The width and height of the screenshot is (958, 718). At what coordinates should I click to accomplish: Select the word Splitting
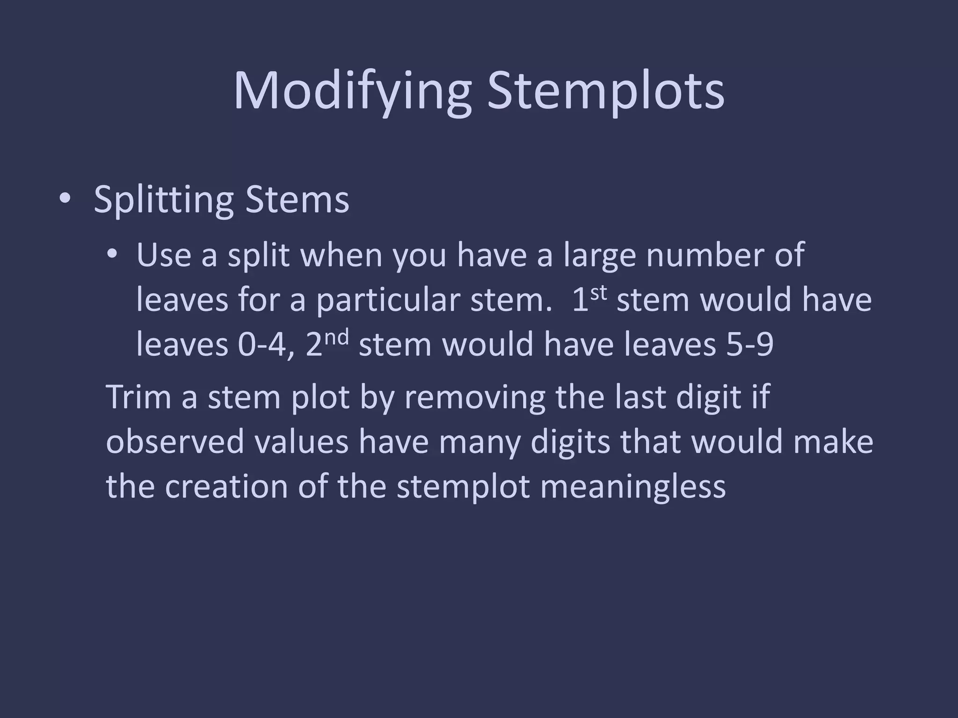(163, 200)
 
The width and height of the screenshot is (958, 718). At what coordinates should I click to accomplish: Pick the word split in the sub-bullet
(259, 256)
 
